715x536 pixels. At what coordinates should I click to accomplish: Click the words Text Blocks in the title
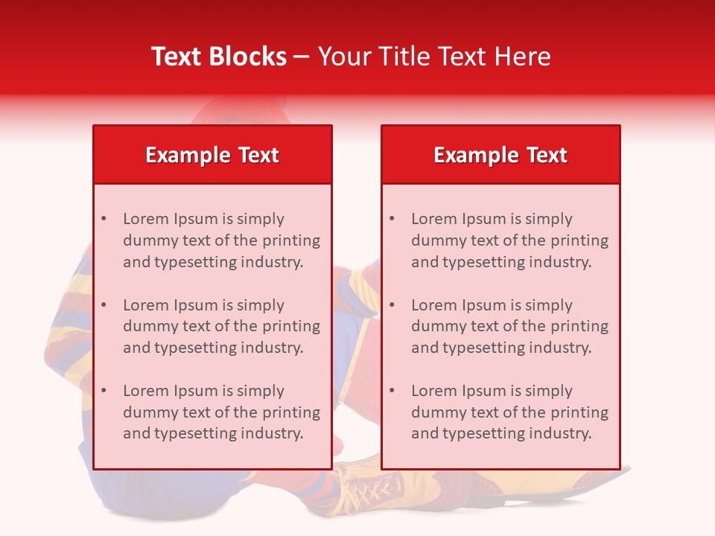[218, 57]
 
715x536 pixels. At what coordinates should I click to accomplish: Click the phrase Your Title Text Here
[434, 57]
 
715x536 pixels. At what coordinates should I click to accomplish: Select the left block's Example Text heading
[212, 155]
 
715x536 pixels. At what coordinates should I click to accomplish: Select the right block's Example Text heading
[500, 155]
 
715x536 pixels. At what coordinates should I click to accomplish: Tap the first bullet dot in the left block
[104, 219]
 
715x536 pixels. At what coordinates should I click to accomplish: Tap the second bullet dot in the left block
[104, 305]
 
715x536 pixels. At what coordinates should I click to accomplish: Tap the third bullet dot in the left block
[104, 391]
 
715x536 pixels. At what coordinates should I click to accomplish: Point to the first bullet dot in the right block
[392, 219]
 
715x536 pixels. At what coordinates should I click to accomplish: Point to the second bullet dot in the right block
[392, 305]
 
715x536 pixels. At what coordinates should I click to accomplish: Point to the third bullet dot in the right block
[392, 391]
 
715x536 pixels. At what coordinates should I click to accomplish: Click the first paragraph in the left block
[221, 240]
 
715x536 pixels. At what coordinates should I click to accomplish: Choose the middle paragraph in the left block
[221, 326]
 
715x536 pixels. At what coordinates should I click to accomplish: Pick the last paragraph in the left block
[221, 412]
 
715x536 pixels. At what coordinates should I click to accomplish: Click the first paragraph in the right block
[509, 240]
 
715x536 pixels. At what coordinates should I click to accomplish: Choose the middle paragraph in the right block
[509, 326]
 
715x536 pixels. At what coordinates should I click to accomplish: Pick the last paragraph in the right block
[509, 412]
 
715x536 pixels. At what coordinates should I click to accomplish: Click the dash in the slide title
[302, 57]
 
